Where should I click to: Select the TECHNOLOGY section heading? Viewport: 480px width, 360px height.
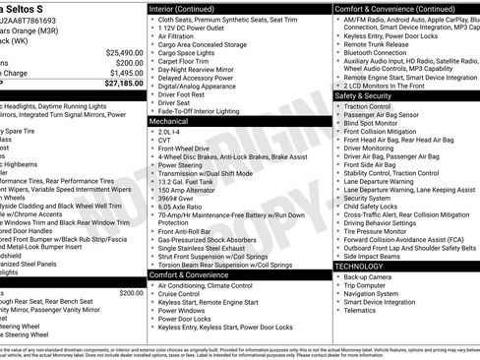point(360,267)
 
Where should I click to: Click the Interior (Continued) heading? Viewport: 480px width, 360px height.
point(189,8)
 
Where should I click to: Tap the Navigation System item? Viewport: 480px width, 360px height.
point(372,294)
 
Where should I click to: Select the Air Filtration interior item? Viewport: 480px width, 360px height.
point(179,36)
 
